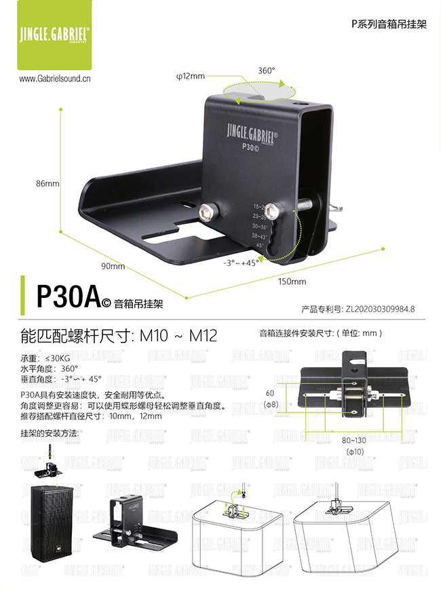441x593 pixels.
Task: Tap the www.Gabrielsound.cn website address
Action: pos(56,79)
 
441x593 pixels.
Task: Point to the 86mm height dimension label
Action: pos(47,184)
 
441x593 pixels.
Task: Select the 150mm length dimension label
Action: pos(293,281)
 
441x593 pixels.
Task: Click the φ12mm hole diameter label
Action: pos(191,77)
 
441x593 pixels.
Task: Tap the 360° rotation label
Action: pos(267,71)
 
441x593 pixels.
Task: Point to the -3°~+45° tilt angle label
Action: pos(241,261)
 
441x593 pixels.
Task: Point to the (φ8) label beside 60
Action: pos(270,404)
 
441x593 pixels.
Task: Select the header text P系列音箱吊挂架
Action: pos(388,23)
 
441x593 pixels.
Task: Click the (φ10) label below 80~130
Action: pos(355,451)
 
